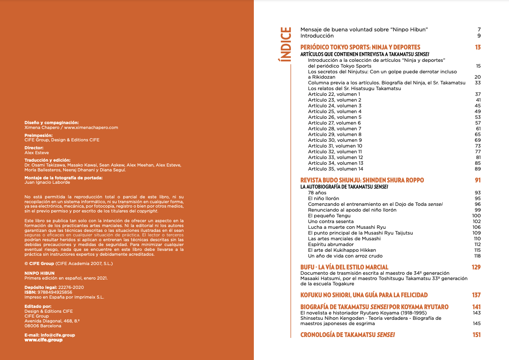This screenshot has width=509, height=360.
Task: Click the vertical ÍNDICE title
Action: coord(286,45)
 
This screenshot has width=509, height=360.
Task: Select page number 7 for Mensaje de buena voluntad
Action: coord(479,30)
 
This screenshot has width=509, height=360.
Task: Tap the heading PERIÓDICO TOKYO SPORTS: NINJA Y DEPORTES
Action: coord(360,47)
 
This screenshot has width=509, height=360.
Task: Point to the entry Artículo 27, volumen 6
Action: coord(334,123)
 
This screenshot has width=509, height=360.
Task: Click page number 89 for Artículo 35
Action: coord(478,169)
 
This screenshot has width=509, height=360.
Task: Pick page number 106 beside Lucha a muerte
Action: coord(476,227)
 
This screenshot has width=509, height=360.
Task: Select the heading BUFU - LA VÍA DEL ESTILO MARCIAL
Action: coord(344,267)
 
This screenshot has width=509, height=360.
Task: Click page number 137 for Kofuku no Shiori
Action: coord(476,295)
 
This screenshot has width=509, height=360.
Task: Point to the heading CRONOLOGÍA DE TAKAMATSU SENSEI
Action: coord(347,335)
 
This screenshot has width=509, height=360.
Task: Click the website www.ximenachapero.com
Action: coord(91,128)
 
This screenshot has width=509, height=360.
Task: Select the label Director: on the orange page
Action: coord(34,148)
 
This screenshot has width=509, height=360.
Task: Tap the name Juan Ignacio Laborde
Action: coord(47,182)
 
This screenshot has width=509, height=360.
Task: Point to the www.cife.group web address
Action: coord(43,340)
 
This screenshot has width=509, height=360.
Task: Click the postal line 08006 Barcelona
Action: coord(43,326)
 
